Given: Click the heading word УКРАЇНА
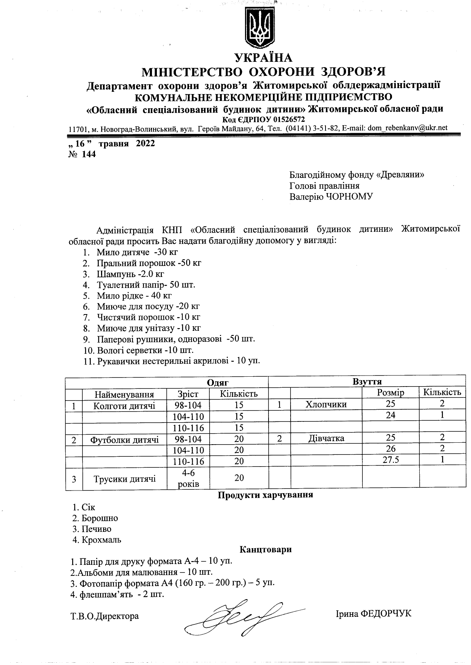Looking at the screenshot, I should point(264,58).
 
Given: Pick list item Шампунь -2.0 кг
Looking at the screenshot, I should point(130,274).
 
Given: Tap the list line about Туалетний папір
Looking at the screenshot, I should point(146,285).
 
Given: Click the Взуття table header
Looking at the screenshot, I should point(367,381).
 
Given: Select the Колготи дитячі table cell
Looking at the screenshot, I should point(124,406).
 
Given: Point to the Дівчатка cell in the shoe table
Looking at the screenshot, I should point(326,439).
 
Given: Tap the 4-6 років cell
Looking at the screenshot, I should point(188,478).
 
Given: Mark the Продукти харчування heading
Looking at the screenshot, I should point(265,495).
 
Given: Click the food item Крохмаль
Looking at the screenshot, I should point(101,540).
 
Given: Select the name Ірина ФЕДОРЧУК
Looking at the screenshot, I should point(373,614).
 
